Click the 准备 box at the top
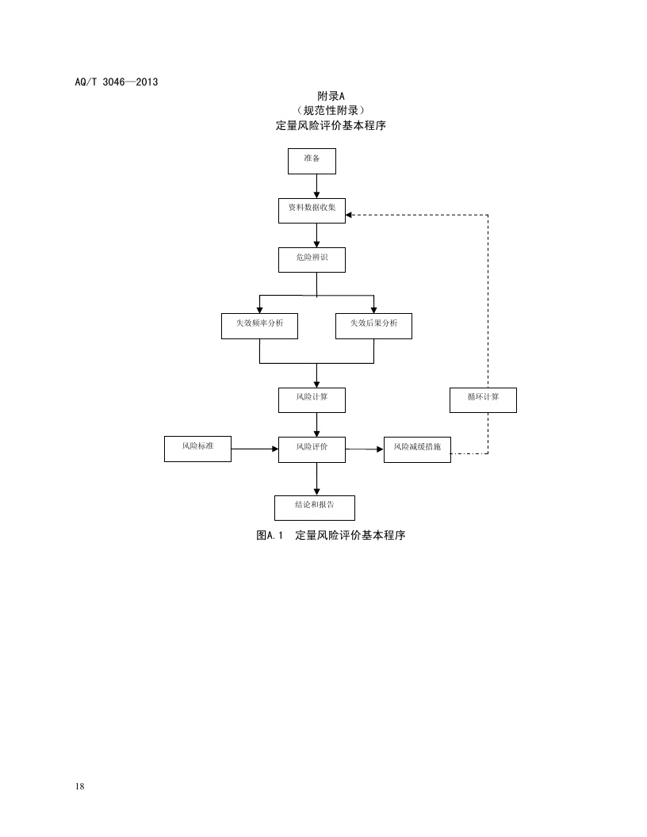coord(312,161)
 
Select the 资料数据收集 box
coord(312,211)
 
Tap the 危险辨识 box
coord(312,260)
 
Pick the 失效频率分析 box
coord(259,327)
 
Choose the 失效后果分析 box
coord(373,327)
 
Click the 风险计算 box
coord(312,399)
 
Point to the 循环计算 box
coord(482,399)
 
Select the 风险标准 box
coord(197,449)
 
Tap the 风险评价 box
coord(312,449)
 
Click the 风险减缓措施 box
coord(417,449)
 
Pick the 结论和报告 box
coord(315,506)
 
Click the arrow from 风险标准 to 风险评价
coord(255,449)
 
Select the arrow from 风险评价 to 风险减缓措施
coord(365,449)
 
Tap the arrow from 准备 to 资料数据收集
coord(316,186)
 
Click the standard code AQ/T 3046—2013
coord(115,81)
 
